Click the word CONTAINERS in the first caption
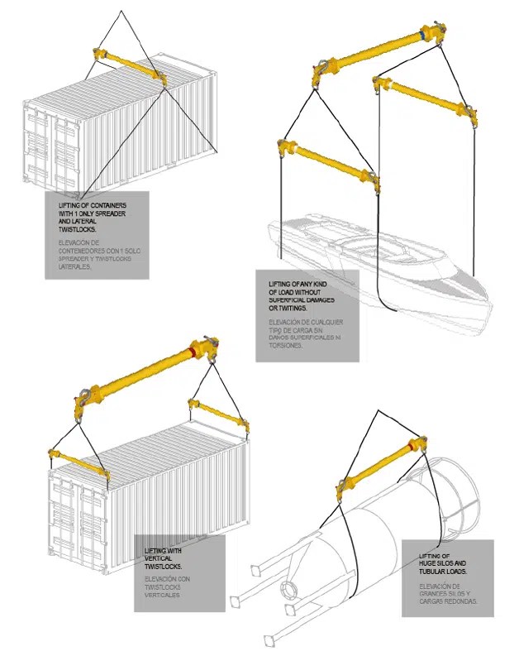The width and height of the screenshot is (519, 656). [108, 204]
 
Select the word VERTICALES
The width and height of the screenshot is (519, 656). [163, 595]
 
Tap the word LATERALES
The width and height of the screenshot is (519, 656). [75, 266]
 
